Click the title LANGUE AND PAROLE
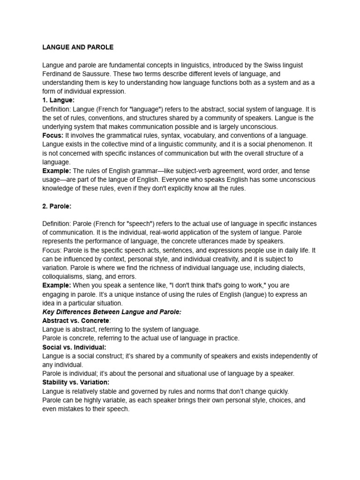pyautogui.click(x=78, y=47)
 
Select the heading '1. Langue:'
pyautogui.click(x=59, y=100)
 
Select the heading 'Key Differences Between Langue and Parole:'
pyautogui.click(x=112, y=312)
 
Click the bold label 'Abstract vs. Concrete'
pyautogui.click(x=75, y=321)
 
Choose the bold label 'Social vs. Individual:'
pyautogui.click(x=74, y=347)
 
